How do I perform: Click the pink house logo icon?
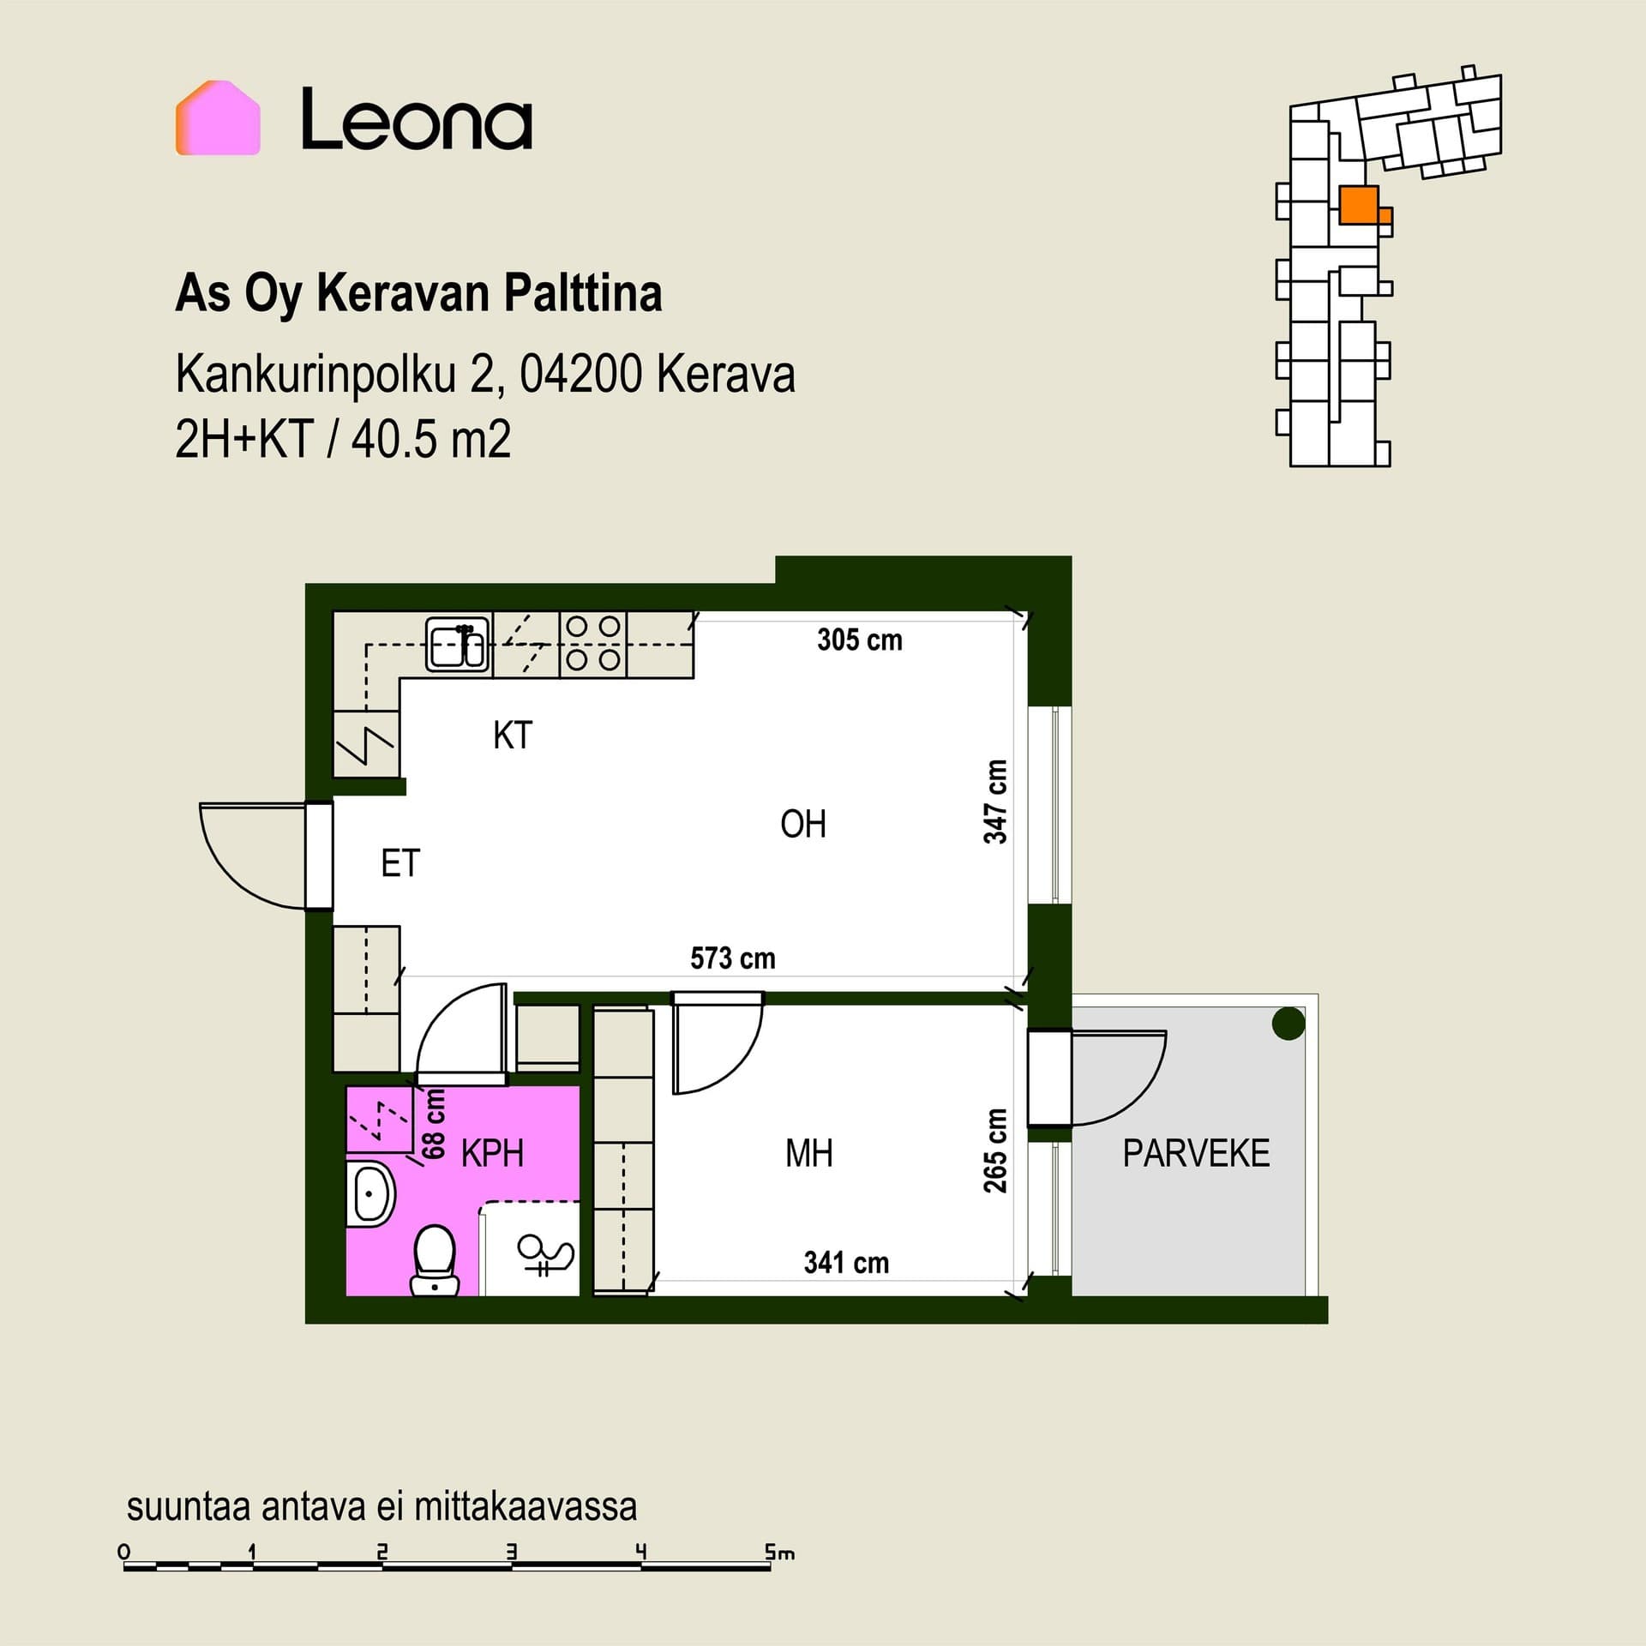point(218,117)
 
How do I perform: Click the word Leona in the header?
point(417,119)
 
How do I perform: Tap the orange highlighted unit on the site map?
point(1362,206)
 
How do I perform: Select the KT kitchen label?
point(513,736)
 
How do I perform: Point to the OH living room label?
point(803,824)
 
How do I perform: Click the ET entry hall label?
point(400,863)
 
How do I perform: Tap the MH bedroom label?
point(809,1153)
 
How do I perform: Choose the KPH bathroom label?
point(492,1153)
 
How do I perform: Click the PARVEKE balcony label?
point(1196,1153)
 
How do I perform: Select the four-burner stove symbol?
point(593,644)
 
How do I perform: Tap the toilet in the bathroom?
point(435,1259)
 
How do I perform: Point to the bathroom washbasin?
point(372,1194)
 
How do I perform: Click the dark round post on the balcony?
point(1289,1024)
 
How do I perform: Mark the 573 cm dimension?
point(733,958)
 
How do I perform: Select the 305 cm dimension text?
point(860,640)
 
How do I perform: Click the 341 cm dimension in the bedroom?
point(846,1262)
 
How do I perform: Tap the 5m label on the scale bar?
point(779,1576)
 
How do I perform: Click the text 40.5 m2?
point(431,440)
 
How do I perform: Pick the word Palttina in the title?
point(583,293)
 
